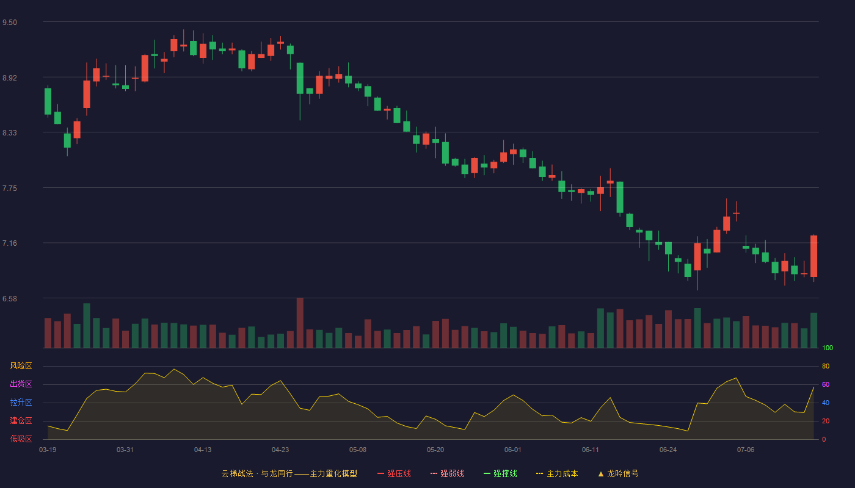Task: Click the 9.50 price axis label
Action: click(10, 23)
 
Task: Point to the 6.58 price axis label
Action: click(10, 299)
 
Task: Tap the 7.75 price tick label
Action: click(10, 188)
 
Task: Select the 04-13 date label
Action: click(203, 450)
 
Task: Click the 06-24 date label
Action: click(668, 450)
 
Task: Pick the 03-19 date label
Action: click(48, 450)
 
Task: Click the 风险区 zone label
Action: click(21, 366)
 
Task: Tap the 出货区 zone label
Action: click(21, 384)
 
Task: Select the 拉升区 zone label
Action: click(21, 402)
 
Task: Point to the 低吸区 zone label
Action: click(21, 439)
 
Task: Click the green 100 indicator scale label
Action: click(828, 348)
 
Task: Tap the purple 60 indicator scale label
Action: click(826, 384)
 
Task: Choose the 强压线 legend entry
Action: click(394, 473)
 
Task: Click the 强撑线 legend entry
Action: click(500, 473)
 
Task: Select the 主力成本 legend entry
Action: click(557, 473)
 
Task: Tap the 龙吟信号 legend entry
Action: click(618, 473)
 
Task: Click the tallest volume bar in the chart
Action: click(300, 323)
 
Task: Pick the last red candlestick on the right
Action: click(813, 256)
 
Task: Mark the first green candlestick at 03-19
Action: click(48, 101)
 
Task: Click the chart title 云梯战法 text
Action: click(237, 473)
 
